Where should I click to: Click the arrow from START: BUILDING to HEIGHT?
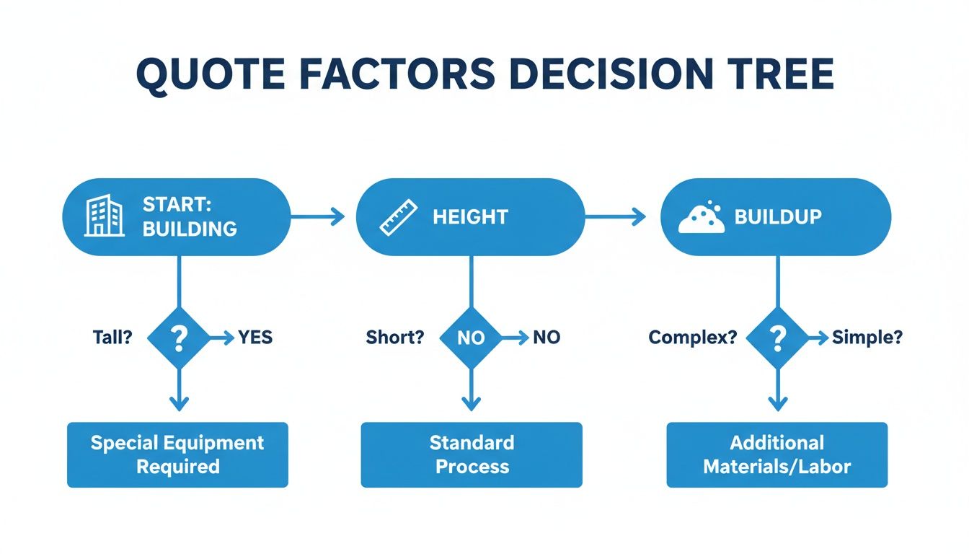pos(317,216)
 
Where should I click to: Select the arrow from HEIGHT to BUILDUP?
pos(615,216)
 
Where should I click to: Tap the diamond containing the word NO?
pos(470,338)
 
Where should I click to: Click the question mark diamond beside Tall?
pos(178,338)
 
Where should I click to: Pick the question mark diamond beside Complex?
pos(776,338)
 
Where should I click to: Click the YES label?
pos(255,338)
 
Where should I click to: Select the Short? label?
pos(394,338)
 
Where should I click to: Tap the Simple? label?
pos(867,338)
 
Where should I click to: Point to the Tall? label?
pos(113,338)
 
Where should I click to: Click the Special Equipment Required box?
pos(177,454)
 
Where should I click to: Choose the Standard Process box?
pos(472,454)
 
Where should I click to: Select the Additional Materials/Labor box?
pos(776,454)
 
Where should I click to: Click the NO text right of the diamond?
pos(546,338)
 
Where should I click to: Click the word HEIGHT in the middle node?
pos(470,217)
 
